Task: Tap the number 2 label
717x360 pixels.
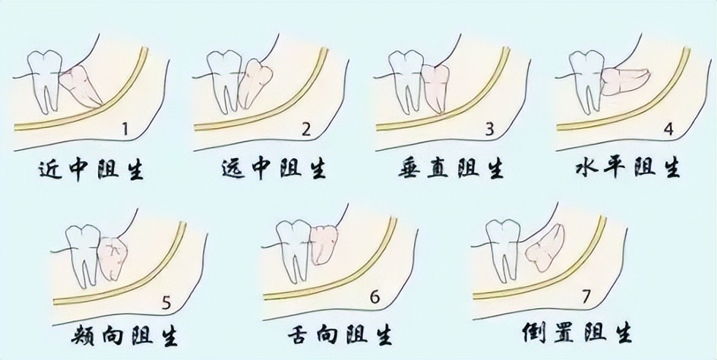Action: (x=307, y=130)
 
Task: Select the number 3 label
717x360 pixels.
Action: (x=489, y=130)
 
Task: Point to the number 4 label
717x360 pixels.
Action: (x=667, y=130)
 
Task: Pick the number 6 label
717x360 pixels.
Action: (x=375, y=298)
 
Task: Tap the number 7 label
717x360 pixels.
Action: (x=585, y=298)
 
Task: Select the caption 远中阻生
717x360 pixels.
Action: (x=272, y=170)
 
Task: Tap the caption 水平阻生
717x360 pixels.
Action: (x=628, y=170)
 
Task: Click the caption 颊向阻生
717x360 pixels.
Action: (x=127, y=335)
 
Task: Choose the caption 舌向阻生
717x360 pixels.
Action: (x=338, y=335)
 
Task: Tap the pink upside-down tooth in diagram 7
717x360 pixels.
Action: (x=545, y=247)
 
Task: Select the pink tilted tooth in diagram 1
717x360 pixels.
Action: (x=80, y=84)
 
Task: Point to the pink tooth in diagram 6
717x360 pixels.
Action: (x=323, y=244)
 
